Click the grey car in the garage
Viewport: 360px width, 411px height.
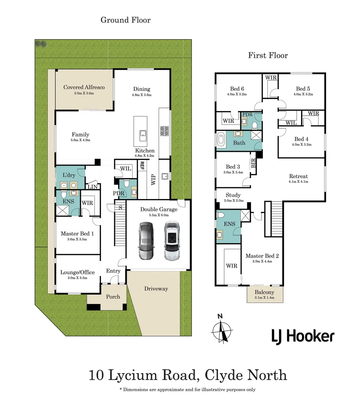click(146, 241)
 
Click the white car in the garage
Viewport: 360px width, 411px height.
click(172, 241)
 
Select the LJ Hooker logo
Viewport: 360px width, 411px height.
click(302, 336)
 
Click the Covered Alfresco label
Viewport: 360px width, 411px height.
click(84, 87)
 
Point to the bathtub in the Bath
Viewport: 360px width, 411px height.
click(221, 139)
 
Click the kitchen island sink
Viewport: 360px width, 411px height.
click(143, 133)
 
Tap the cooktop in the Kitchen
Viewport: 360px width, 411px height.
click(164, 131)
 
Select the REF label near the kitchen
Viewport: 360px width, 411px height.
click(142, 166)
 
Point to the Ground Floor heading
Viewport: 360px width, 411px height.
click(125, 20)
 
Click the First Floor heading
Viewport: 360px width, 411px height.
click(268, 56)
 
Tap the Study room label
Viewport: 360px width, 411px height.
click(233, 195)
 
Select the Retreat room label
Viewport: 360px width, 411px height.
click(298, 176)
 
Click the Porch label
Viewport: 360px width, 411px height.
click(113, 296)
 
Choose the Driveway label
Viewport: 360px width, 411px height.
click(156, 288)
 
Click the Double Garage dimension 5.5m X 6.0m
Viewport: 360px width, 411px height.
click(159, 215)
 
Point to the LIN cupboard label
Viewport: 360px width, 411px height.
click(93, 186)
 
